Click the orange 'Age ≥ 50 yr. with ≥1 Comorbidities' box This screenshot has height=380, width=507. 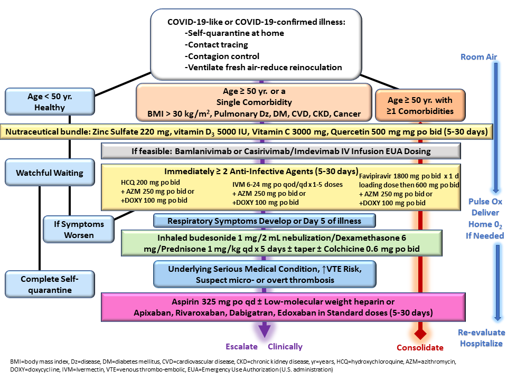(420, 105)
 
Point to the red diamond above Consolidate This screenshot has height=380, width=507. (420, 333)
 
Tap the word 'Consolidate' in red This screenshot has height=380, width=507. (420, 347)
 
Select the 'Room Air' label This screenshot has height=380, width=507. (478, 57)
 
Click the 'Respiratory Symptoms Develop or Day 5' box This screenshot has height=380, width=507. (265, 221)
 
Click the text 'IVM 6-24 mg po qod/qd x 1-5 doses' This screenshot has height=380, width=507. (287, 185)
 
